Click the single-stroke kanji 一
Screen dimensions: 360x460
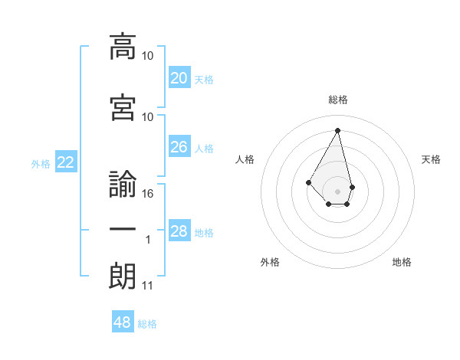pyautogui.click(x=123, y=230)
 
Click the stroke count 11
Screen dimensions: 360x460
pyautogui.click(x=148, y=286)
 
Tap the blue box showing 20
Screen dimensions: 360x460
pyautogui.click(x=179, y=77)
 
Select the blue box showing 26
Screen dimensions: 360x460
pyautogui.click(x=179, y=147)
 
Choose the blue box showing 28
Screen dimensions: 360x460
pyautogui.click(x=179, y=231)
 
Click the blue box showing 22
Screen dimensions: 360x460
pyautogui.click(x=66, y=162)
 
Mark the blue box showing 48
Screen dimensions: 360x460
pyautogui.click(x=123, y=322)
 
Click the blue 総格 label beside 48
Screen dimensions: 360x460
pyautogui.click(x=147, y=324)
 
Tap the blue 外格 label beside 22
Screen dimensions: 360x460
pyautogui.click(x=41, y=163)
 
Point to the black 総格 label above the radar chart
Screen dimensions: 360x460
pyautogui.click(x=338, y=100)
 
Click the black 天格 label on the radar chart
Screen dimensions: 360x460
pyautogui.click(x=432, y=159)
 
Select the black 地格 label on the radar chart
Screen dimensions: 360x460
pyautogui.click(x=402, y=262)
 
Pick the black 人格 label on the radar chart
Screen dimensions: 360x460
pyautogui.click(x=245, y=159)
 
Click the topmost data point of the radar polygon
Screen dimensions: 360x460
pyautogui.click(x=338, y=130)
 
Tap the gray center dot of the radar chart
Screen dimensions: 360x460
pyautogui.click(x=338, y=191)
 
